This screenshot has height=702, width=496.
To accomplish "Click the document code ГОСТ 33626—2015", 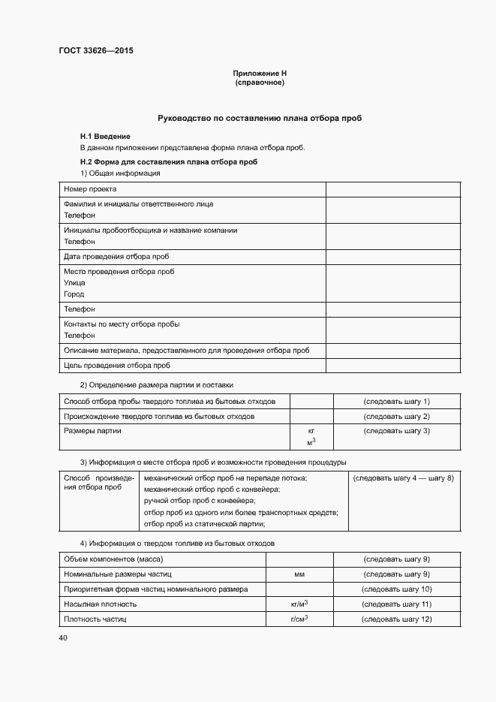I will [89, 51].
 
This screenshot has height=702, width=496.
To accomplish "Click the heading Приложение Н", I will [260, 73].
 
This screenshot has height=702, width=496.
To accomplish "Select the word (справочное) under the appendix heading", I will [260, 82].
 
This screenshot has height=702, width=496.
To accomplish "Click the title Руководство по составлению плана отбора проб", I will [260, 119].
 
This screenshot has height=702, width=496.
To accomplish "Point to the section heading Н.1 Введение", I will [105, 136].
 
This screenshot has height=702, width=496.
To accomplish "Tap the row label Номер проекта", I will [90, 188].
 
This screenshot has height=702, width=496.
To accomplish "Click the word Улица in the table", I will [74, 282].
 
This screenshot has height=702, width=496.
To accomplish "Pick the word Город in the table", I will [74, 294].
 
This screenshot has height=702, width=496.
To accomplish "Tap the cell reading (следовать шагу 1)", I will [396, 401].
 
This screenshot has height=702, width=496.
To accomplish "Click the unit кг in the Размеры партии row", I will [311, 431].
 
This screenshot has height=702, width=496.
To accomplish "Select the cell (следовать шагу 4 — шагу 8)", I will [404, 478].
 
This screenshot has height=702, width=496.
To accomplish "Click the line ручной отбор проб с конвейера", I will [199, 500].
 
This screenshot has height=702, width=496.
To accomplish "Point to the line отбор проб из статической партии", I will [205, 523].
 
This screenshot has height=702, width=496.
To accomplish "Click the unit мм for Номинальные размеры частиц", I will [299, 574].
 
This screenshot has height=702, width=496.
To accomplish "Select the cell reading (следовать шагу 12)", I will [396, 619].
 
